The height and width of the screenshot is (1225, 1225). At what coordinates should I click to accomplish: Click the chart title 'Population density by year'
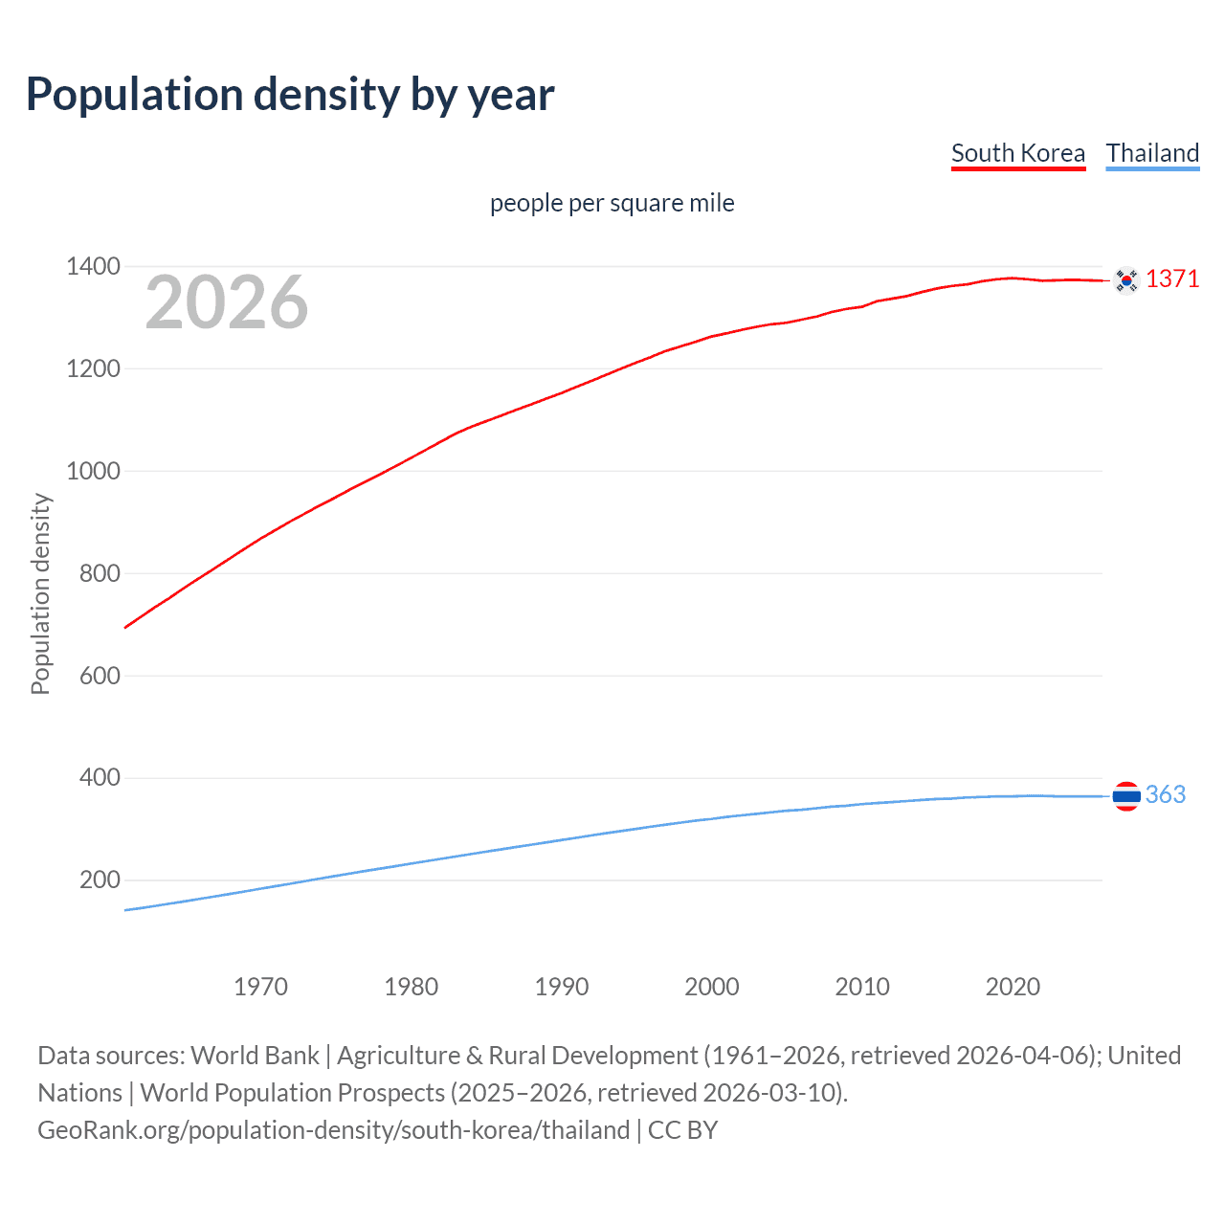pyautogui.click(x=290, y=95)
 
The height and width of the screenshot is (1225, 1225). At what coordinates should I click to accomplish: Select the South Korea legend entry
pyautogui.click(x=1017, y=153)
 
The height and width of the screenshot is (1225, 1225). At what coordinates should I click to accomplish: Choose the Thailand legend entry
pyautogui.click(x=1152, y=153)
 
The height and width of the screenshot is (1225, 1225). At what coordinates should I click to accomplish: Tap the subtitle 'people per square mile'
pyautogui.click(x=612, y=203)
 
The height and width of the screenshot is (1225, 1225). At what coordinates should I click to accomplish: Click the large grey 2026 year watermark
pyautogui.click(x=227, y=302)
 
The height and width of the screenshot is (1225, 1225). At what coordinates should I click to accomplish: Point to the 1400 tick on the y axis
pyautogui.click(x=93, y=266)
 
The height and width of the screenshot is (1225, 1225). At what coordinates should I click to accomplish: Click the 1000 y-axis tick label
pyautogui.click(x=93, y=471)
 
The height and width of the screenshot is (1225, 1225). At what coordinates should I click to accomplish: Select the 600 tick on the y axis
pyautogui.click(x=100, y=676)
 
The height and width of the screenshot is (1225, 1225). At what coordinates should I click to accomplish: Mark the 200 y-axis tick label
pyautogui.click(x=100, y=880)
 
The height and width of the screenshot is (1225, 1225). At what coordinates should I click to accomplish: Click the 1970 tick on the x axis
pyautogui.click(x=260, y=987)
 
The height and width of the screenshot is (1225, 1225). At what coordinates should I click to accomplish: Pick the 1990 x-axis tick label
pyautogui.click(x=562, y=987)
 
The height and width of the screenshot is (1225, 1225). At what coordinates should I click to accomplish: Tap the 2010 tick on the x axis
pyautogui.click(x=862, y=987)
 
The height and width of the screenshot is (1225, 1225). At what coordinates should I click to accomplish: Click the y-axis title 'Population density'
pyautogui.click(x=40, y=593)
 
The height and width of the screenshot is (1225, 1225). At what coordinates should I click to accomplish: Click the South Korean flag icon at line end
pyautogui.click(x=1126, y=279)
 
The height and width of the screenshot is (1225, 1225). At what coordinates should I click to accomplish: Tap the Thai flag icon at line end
pyautogui.click(x=1126, y=795)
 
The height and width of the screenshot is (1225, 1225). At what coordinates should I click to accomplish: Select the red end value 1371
pyautogui.click(x=1171, y=278)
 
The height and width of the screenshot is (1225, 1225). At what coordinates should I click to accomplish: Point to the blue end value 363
pyautogui.click(x=1165, y=794)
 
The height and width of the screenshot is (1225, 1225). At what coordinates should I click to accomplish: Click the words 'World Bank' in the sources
pyautogui.click(x=255, y=1055)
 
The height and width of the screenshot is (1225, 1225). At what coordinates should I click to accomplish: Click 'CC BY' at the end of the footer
pyautogui.click(x=682, y=1129)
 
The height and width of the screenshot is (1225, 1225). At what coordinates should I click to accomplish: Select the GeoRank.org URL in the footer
pyautogui.click(x=333, y=1129)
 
